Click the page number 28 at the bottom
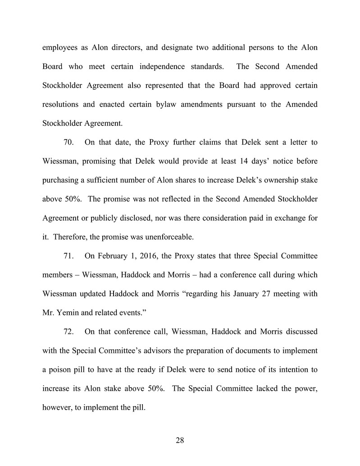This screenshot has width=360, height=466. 180,441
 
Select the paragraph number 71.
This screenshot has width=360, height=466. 68,256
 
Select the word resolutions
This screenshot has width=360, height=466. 64,105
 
